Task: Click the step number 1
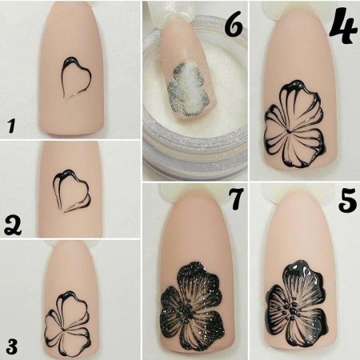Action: pyautogui.click(x=11, y=126)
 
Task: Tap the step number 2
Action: pyautogui.click(x=13, y=226)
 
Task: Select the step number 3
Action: pyautogui.click(x=11, y=346)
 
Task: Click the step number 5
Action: pyautogui.click(x=347, y=201)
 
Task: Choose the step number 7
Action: pyautogui.click(x=236, y=198)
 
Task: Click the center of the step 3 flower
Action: pyautogui.click(x=64, y=330)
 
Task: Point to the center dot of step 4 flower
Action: pyautogui.click(x=289, y=131)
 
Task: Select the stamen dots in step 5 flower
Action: pyautogui.click(x=291, y=310)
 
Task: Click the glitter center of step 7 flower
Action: pyautogui.click(x=187, y=313)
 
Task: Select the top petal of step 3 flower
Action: pyautogui.click(x=73, y=306)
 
